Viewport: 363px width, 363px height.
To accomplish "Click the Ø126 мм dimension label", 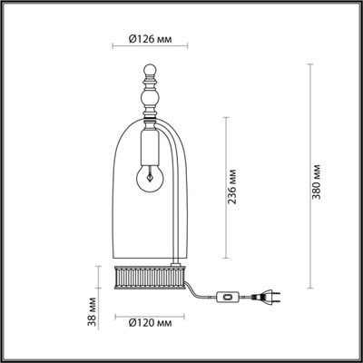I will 148,38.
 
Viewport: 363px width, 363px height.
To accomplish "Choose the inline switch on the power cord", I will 226,295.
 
